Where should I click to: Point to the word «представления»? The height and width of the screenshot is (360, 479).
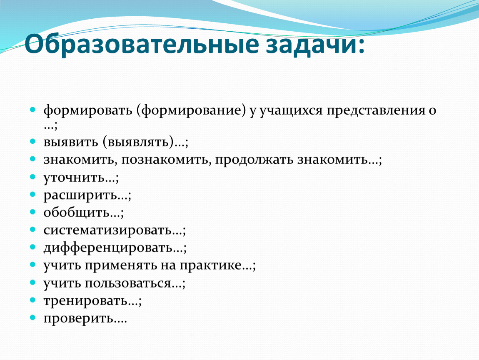tap(376, 111)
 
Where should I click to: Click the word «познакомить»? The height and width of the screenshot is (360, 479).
tap(165, 160)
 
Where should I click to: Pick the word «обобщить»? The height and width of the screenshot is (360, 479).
tap(77, 212)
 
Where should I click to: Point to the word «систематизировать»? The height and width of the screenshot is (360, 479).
tap(108, 230)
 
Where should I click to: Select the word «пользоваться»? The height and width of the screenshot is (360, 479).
tap(128, 284)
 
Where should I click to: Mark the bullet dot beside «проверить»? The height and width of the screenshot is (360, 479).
tap(33, 317)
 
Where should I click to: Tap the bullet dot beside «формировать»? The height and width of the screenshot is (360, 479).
tap(33, 109)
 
